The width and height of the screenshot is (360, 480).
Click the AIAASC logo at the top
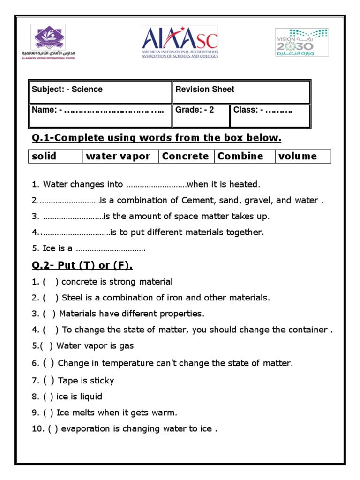pyautogui.click(x=180, y=42)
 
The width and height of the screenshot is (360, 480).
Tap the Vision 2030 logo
pyautogui.click(x=301, y=43)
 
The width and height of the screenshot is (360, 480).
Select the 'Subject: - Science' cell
pyautogui.click(x=100, y=91)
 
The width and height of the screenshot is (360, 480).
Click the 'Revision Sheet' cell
pyautogui.click(x=241, y=91)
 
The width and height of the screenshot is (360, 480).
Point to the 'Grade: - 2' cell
pyautogui.click(x=201, y=115)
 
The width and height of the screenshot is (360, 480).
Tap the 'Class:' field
pyautogui.click(x=270, y=115)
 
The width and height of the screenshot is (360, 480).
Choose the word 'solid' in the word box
pyautogui.click(x=44, y=156)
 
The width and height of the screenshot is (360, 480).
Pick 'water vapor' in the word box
pyautogui.click(x=118, y=156)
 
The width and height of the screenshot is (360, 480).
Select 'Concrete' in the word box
pyautogui.click(x=185, y=156)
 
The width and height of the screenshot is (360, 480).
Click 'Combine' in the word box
pyautogui.click(x=240, y=156)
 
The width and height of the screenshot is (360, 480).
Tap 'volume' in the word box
pyautogui.click(x=298, y=156)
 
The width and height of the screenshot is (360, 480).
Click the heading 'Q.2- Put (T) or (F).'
pyautogui.click(x=82, y=265)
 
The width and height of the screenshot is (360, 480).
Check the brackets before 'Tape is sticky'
pyautogui.click(x=49, y=380)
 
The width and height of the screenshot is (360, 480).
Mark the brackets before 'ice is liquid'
pyautogui.click(x=48, y=397)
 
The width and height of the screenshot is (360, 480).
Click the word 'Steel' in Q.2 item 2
pyautogui.click(x=72, y=298)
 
